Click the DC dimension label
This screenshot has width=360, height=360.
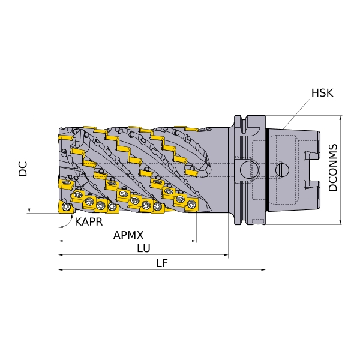click(x=23, y=169)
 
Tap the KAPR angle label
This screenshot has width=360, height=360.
click(x=89, y=222)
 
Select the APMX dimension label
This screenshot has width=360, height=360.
click(x=128, y=235)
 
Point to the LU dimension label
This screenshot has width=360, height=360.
click(x=144, y=248)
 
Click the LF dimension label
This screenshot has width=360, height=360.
click(x=162, y=263)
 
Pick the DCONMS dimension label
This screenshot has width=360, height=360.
click(x=333, y=167)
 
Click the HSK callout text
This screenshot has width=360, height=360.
click(x=322, y=93)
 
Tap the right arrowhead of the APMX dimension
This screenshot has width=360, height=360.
click(x=194, y=241)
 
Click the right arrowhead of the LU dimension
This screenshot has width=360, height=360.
click(x=226, y=254)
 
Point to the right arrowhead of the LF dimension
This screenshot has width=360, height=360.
click(x=263, y=270)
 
